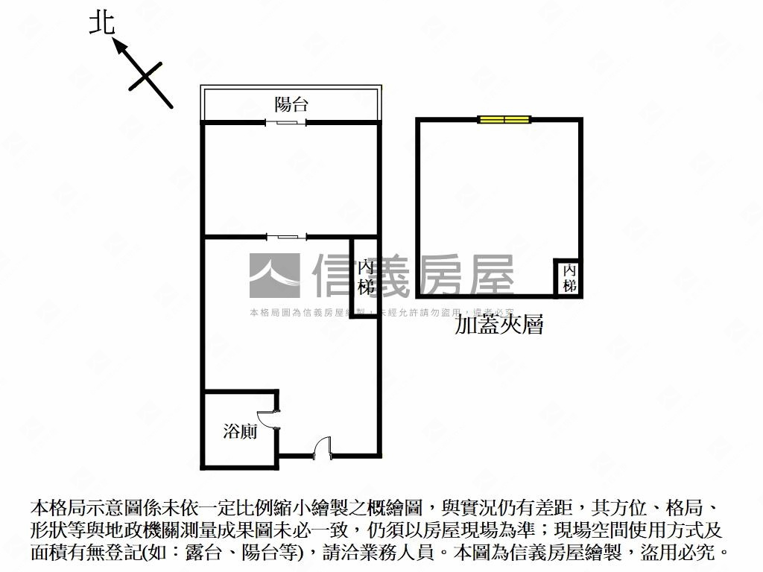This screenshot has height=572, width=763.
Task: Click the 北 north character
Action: point(102,22)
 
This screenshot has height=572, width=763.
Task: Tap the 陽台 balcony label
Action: point(291,104)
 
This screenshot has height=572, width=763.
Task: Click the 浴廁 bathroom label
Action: point(240,430)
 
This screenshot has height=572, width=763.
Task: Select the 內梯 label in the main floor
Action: point(364,276)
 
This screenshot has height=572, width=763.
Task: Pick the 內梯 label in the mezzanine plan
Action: point(569,277)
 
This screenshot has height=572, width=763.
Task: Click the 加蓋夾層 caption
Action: point(499,325)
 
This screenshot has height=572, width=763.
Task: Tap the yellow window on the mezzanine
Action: point(504,118)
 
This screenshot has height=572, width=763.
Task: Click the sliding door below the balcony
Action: point(286,122)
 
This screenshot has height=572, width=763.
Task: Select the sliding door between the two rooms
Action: point(286,237)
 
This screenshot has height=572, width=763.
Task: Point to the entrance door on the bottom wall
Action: point(322,448)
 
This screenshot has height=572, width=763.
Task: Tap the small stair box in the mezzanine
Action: point(569,277)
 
